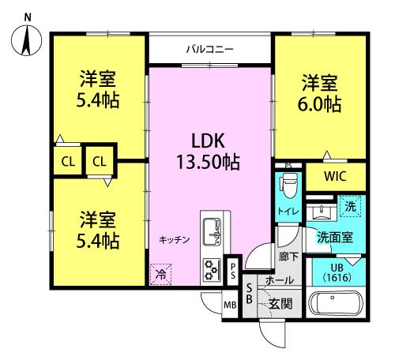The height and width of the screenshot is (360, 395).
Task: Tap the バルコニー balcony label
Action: (209, 49)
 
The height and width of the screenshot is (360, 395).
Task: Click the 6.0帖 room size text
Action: (320, 103)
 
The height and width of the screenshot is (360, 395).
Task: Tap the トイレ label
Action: (287, 212)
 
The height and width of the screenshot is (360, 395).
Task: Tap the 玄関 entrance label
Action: (280, 303)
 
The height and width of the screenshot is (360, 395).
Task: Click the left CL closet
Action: (68, 162)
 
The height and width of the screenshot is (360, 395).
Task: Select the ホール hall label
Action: (280, 280)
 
